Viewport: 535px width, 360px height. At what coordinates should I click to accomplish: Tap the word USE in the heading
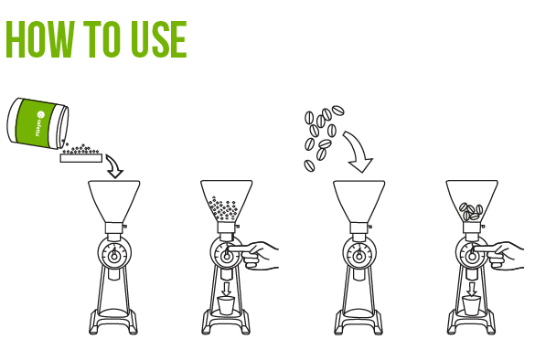(155, 39)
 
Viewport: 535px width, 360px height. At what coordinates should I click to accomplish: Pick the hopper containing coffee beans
(471, 203)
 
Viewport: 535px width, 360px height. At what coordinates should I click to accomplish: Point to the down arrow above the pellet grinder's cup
(227, 289)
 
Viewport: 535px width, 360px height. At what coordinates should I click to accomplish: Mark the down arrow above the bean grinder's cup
(472, 289)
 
